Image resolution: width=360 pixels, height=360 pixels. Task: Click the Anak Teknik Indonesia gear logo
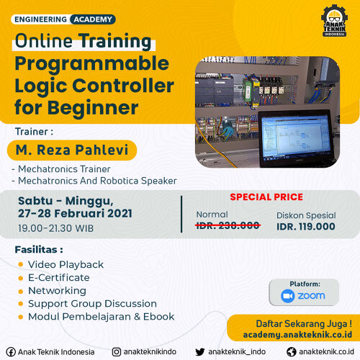coord(334,20)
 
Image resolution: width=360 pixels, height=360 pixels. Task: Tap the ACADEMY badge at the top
coord(93,19)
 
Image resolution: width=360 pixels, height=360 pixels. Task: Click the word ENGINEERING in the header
coord(40,19)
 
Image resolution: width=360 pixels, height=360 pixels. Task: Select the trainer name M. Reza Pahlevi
coord(72,150)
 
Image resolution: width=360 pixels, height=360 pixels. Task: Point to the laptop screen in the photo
coord(296,138)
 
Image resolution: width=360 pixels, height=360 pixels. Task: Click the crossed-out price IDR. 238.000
coord(228,225)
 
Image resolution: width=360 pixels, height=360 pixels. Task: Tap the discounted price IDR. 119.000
coord(306,227)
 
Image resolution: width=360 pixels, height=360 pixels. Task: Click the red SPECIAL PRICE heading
coord(266,197)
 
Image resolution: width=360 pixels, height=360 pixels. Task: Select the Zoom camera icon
coord(288,296)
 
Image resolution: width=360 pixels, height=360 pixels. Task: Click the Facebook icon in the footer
coord(11,352)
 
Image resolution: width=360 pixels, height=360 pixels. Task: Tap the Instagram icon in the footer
coord(117,352)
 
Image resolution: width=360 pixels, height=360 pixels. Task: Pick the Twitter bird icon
coord(200,352)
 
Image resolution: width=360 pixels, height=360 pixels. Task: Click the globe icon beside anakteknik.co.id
coord(292,352)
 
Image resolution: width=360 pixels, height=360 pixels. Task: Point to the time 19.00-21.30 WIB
coord(56,228)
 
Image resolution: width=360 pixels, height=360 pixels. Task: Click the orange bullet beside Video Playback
coord(21,264)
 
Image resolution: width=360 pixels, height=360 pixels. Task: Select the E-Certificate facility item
coord(59,278)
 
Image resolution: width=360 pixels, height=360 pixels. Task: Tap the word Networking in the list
coord(58,291)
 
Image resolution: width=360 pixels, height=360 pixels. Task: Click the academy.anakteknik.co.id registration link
coord(297,335)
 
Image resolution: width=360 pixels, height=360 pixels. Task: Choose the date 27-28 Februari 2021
coord(75,213)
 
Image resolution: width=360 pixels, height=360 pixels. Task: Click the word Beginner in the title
coord(93,108)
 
